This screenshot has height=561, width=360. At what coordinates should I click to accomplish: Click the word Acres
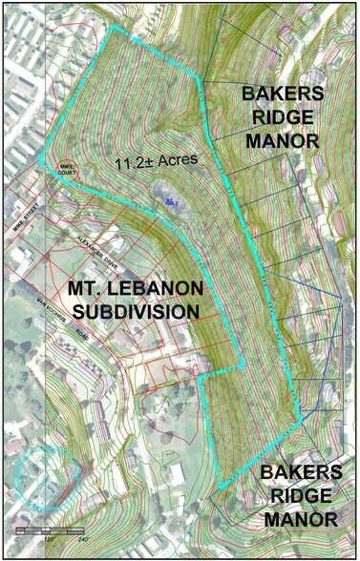pos(177,159)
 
